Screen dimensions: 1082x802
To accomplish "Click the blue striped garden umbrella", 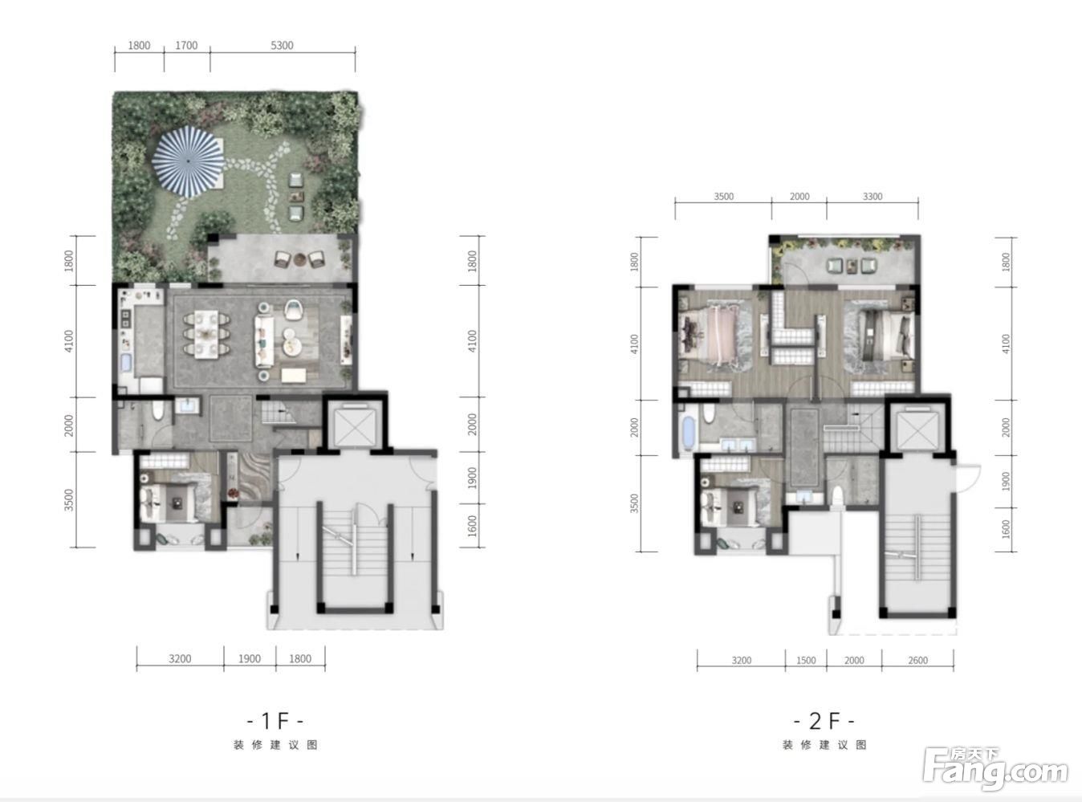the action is pyautogui.click(x=188, y=161).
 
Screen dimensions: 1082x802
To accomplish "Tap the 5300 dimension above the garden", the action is pyautogui.click(x=282, y=46).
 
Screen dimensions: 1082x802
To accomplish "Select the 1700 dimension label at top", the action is pyautogui.click(x=186, y=46).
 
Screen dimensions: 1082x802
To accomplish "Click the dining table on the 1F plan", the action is pyautogui.click(x=206, y=335).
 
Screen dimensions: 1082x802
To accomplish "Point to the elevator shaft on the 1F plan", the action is pyautogui.click(x=355, y=425).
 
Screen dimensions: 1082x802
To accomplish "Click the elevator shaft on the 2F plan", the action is pyautogui.click(x=917, y=430).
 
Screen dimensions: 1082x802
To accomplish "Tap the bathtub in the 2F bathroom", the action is pyautogui.click(x=687, y=433).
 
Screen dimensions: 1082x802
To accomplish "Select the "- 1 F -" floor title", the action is pyautogui.click(x=275, y=721).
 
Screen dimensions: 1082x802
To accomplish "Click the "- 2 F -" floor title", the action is pyautogui.click(x=824, y=721).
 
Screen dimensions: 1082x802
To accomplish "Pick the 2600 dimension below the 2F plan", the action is pyautogui.click(x=917, y=661).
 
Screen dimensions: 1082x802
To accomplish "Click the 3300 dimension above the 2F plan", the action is pyautogui.click(x=873, y=197).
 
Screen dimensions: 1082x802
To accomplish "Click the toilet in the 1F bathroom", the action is pyautogui.click(x=157, y=411).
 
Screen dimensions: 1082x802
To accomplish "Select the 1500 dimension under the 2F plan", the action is pyautogui.click(x=806, y=661).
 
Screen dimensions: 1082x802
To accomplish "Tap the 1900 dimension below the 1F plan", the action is pyautogui.click(x=250, y=659).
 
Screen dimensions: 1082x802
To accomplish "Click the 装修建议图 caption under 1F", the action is pyautogui.click(x=275, y=745).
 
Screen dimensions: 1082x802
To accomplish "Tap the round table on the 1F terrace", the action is pyautogui.click(x=299, y=259).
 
